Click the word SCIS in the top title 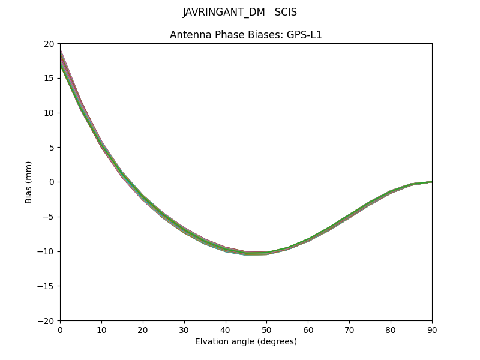[286, 13]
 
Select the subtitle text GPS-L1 [305, 35]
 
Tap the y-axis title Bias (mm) [29, 182]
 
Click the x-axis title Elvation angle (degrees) [246, 341]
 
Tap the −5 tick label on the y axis [49, 217]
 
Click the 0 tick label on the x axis [60, 329]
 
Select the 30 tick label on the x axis [184, 329]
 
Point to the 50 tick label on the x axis [266, 329]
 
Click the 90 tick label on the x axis [432, 329]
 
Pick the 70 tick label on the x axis [349, 329]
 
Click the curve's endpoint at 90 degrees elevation [431, 182]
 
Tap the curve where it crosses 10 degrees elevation [101, 145]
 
